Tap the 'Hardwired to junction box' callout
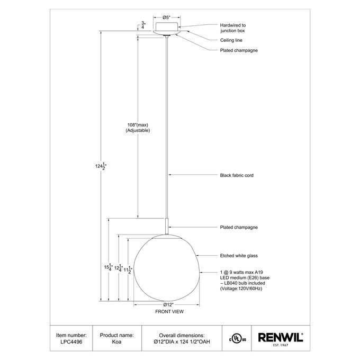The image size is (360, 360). pos(232,28)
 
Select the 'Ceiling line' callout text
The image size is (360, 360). pos(231,40)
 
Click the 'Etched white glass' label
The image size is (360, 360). pos(238,255)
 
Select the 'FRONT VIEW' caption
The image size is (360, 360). pos(169,312)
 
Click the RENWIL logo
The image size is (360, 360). pos(280,338)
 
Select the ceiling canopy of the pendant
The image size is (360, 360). pos(167,28)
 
